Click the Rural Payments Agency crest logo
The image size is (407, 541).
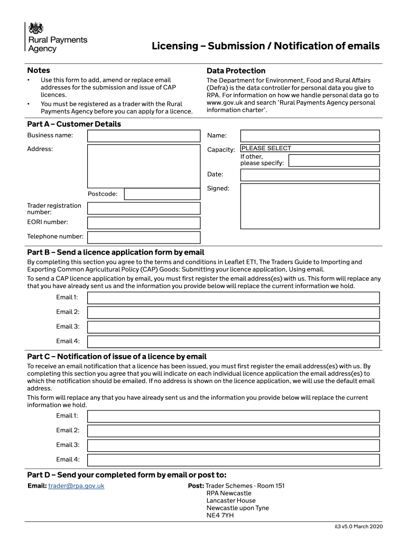tap(36, 29)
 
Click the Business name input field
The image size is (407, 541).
tap(144, 136)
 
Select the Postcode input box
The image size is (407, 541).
tap(162, 194)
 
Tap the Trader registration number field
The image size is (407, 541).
tap(144, 209)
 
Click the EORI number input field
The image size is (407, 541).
tap(144, 223)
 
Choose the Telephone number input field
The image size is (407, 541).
tap(144, 237)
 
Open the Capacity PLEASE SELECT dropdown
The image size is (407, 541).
tap(309, 148)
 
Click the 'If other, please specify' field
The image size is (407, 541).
tap(334, 161)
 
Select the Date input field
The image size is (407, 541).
tap(309, 175)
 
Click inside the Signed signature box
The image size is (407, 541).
tap(309, 206)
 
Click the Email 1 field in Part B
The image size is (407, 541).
tap(233, 298)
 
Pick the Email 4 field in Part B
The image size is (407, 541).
tap(233, 341)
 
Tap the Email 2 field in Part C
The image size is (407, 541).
tap(233, 431)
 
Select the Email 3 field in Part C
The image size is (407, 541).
tap(233, 445)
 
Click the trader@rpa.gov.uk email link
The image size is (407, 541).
tap(76, 486)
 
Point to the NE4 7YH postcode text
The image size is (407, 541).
tap(220, 515)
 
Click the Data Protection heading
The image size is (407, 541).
tap(236, 71)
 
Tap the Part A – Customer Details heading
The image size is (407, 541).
tap(74, 124)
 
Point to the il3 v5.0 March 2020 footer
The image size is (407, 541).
tap(358, 526)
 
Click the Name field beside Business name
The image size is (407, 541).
tap(309, 136)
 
